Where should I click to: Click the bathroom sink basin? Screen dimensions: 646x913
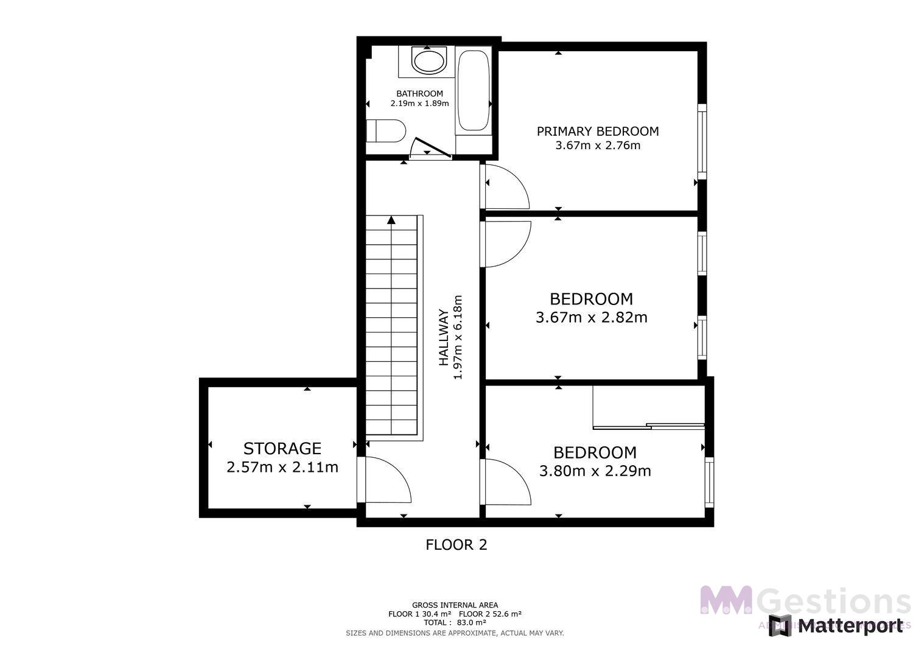[429, 61]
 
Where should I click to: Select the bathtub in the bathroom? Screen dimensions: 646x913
[474, 91]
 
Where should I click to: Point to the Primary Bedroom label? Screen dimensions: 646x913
[597, 131]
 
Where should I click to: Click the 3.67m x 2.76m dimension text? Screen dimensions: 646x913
[598, 146]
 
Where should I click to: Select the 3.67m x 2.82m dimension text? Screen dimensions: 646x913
[591, 317]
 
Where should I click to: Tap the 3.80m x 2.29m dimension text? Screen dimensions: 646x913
[595, 471]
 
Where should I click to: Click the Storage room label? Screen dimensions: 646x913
[282, 449]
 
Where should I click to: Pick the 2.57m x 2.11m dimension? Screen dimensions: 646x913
[282, 468]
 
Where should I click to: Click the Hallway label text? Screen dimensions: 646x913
[444, 338]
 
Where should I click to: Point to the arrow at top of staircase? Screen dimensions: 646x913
[391, 220]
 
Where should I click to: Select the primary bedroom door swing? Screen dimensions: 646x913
[505, 186]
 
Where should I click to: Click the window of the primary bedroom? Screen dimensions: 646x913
[702, 142]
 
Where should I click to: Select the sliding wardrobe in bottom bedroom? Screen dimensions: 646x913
[648, 426]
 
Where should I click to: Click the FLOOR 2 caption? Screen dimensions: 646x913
[456, 545]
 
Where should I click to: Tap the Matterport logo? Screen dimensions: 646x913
[836, 625]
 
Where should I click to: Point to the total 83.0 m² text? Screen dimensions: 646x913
[455, 623]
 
